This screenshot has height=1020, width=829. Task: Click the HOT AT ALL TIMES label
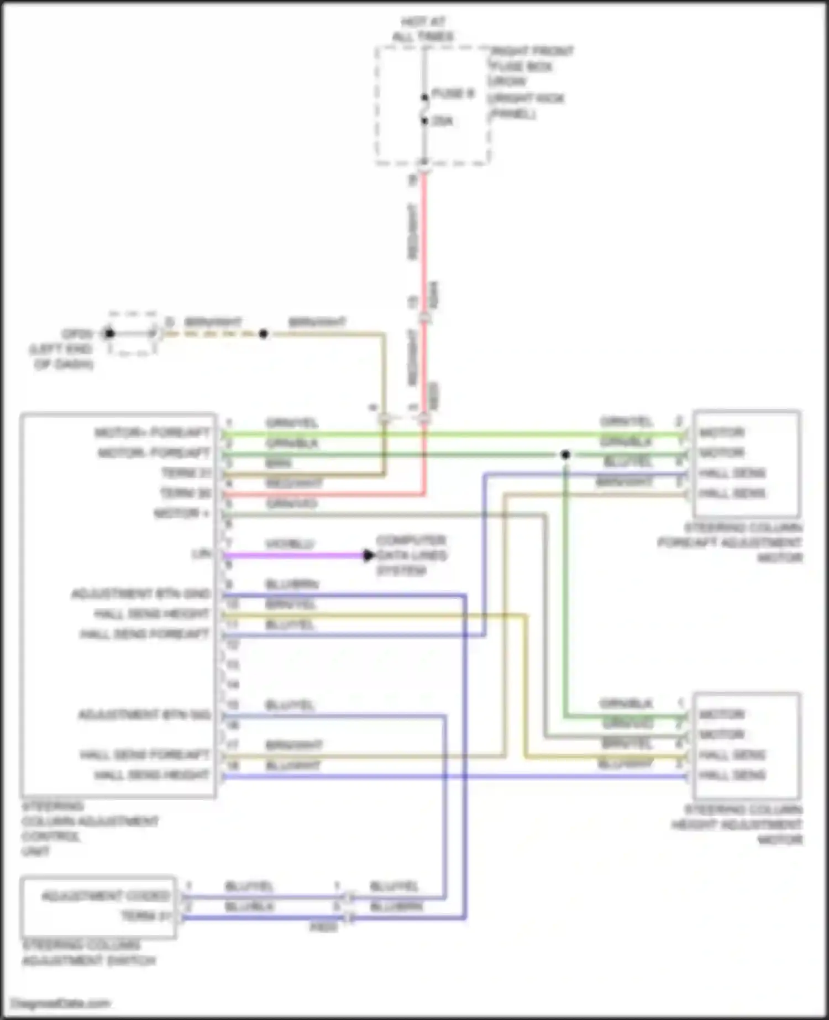pos(423,29)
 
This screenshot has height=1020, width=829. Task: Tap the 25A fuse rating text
pos(442,121)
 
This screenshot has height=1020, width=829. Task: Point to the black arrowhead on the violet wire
pos(369,555)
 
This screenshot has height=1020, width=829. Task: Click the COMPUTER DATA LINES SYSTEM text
pos(411,555)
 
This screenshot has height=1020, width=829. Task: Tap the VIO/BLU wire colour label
pos(289,544)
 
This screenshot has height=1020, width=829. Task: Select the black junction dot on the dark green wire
pos(565,455)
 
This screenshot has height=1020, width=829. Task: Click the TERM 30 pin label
pos(186,493)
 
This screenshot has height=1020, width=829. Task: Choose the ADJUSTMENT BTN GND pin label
pos(141,594)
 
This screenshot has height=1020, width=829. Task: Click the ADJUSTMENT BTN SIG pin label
pos(144,715)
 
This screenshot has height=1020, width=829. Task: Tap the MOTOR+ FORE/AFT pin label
pos(153,432)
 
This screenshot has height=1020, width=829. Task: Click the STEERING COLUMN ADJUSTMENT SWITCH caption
pos(88,953)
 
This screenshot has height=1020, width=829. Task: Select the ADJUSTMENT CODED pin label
pos(106,896)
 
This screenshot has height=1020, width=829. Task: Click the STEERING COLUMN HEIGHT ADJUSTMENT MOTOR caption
pos(738,824)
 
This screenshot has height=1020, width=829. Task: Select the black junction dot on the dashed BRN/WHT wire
pos(263,334)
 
